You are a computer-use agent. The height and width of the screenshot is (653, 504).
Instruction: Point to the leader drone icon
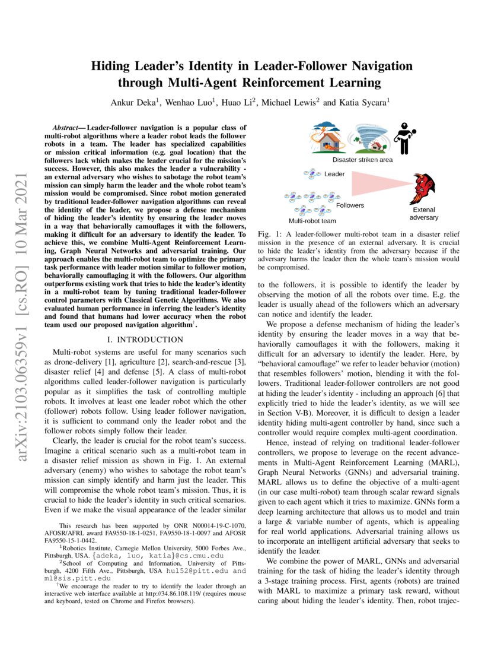[312, 173]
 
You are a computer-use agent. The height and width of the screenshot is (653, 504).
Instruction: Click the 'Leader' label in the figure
[335, 174]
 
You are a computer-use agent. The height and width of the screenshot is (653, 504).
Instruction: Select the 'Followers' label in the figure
[350, 205]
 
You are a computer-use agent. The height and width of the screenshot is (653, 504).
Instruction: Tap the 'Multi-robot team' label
[312, 221]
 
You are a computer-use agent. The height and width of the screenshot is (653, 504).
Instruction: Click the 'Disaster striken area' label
[362, 160]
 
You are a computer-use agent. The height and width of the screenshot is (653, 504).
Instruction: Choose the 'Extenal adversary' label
[423, 214]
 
